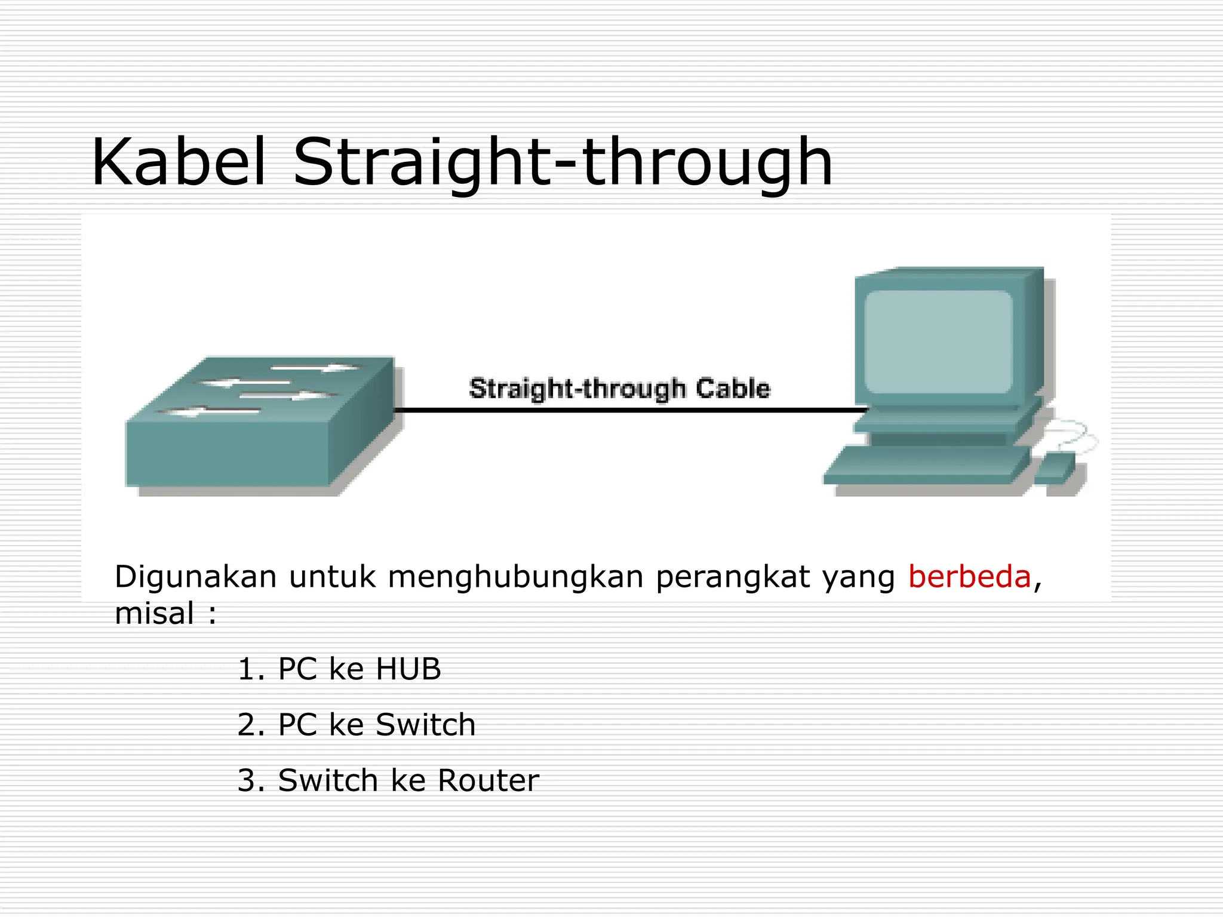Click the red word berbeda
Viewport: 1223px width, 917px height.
(969, 577)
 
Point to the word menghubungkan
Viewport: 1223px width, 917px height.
(515, 578)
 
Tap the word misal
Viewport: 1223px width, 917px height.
(154, 614)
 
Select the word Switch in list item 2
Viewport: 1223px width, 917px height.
(425, 725)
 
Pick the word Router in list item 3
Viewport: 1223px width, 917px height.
(488, 781)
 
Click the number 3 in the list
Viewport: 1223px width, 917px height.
(247, 781)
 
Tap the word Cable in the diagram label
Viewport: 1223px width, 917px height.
(733, 389)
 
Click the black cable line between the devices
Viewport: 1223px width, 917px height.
(627, 410)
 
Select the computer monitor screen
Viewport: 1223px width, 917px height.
(938, 341)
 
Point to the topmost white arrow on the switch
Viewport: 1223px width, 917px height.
(316, 367)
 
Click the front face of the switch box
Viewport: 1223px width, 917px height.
(227, 454)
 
